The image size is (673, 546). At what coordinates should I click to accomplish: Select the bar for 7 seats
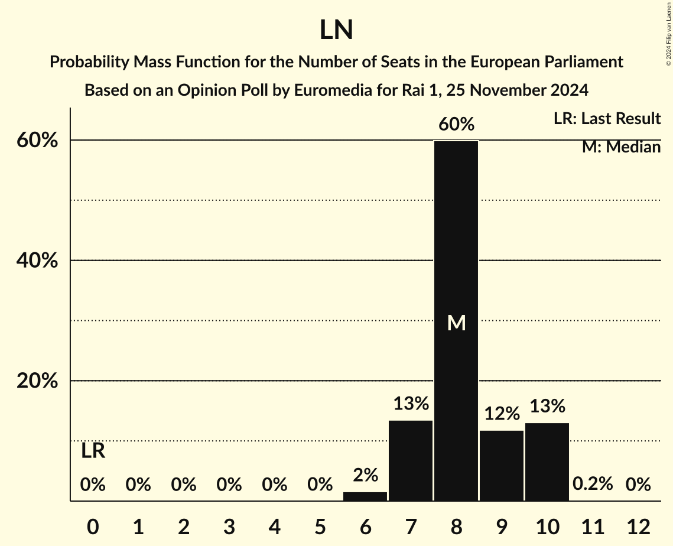click(x=411, y=460)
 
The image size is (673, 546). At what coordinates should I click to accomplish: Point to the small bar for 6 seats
click(x=365, y=496)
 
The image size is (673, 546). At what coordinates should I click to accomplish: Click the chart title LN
click(x=336, y=31)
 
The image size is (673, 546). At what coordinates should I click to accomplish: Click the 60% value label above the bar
click(x=456, y=125)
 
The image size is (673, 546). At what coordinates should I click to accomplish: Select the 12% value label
click(x=502, y=414)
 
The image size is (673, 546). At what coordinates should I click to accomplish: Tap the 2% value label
click(x=365, y=475)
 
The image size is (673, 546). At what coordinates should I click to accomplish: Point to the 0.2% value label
click(x=593, y=485)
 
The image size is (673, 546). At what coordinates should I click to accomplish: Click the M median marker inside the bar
click(x=456, y=323)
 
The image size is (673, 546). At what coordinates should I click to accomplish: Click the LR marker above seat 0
click(x=93, y=451)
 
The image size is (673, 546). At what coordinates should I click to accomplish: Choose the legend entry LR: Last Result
click(x=607, y=119)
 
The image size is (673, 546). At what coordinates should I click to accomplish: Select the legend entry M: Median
click(x=621, y=147)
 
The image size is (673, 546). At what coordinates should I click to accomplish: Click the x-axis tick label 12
click(x=638, y=526)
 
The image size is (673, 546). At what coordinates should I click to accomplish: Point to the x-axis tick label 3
click(x=229, y=526)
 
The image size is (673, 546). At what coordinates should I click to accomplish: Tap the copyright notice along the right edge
click(x=668, y=32)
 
